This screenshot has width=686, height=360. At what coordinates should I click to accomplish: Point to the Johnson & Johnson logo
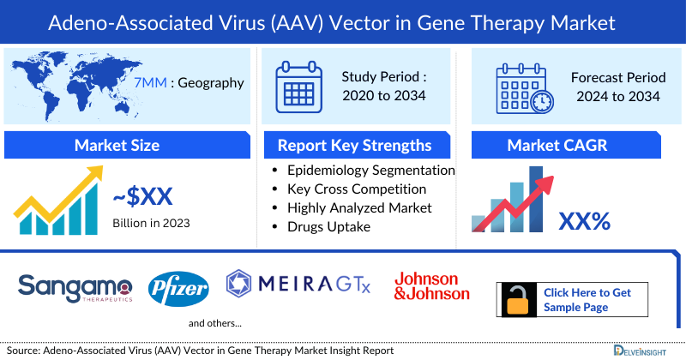pos(432,286)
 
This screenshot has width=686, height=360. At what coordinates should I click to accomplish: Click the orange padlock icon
pos(518,299)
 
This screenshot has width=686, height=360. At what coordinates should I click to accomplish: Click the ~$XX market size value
pos(143,199)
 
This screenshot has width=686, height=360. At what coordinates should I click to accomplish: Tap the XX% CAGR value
pos(584,222)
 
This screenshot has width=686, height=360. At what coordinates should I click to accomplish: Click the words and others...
pos(215,323)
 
